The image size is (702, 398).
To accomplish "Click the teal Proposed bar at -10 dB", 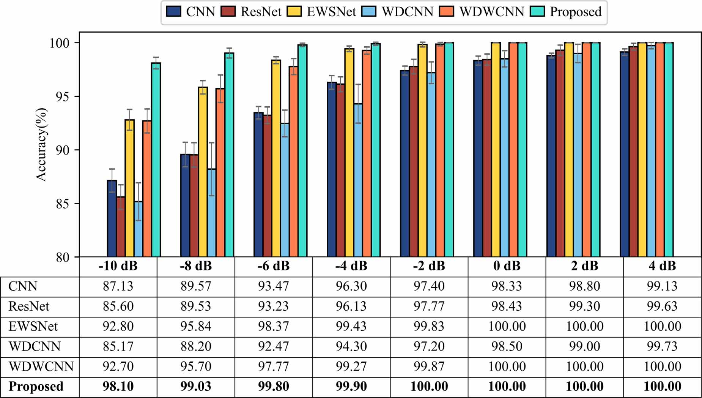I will pos(156,160).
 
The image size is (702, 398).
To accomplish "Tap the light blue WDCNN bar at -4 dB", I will pos(358,180).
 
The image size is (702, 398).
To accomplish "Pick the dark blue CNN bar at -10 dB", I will pos(112,218).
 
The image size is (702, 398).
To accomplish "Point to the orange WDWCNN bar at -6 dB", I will pos(294,161).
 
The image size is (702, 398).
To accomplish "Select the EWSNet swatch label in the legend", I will pos(331,12).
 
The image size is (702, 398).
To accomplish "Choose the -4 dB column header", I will pos(351,266).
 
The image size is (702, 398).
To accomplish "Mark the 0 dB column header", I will pos(507,266).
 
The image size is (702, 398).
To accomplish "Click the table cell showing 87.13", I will pos(118,286).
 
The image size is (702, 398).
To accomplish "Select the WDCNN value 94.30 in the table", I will pos(351,346).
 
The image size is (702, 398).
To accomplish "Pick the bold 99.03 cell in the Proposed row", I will pos(196,387).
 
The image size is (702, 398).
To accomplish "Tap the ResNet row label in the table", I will pos(29,306).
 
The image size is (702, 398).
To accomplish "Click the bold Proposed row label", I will pos(36,387).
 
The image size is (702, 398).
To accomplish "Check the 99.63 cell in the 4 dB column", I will pos(662,306).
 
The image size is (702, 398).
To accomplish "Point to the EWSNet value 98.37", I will pos(273,326).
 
